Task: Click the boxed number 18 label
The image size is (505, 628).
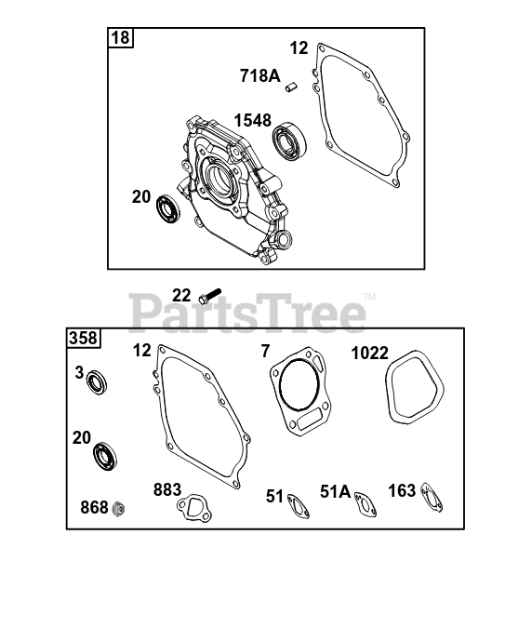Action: tap(121, 37)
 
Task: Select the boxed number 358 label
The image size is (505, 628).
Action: tap(84, 338)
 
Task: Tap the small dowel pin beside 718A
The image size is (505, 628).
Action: tap(292, 87)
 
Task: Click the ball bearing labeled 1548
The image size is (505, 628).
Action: tap(289, 141)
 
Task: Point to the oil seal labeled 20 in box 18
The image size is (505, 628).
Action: tap(167, 208)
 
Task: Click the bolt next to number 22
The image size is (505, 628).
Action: tap(210, 296)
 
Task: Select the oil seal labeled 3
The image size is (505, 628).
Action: tap(97, 382)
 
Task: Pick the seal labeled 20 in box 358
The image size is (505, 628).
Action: tap(105, 457)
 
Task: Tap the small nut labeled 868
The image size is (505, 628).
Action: tap(118, 509)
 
